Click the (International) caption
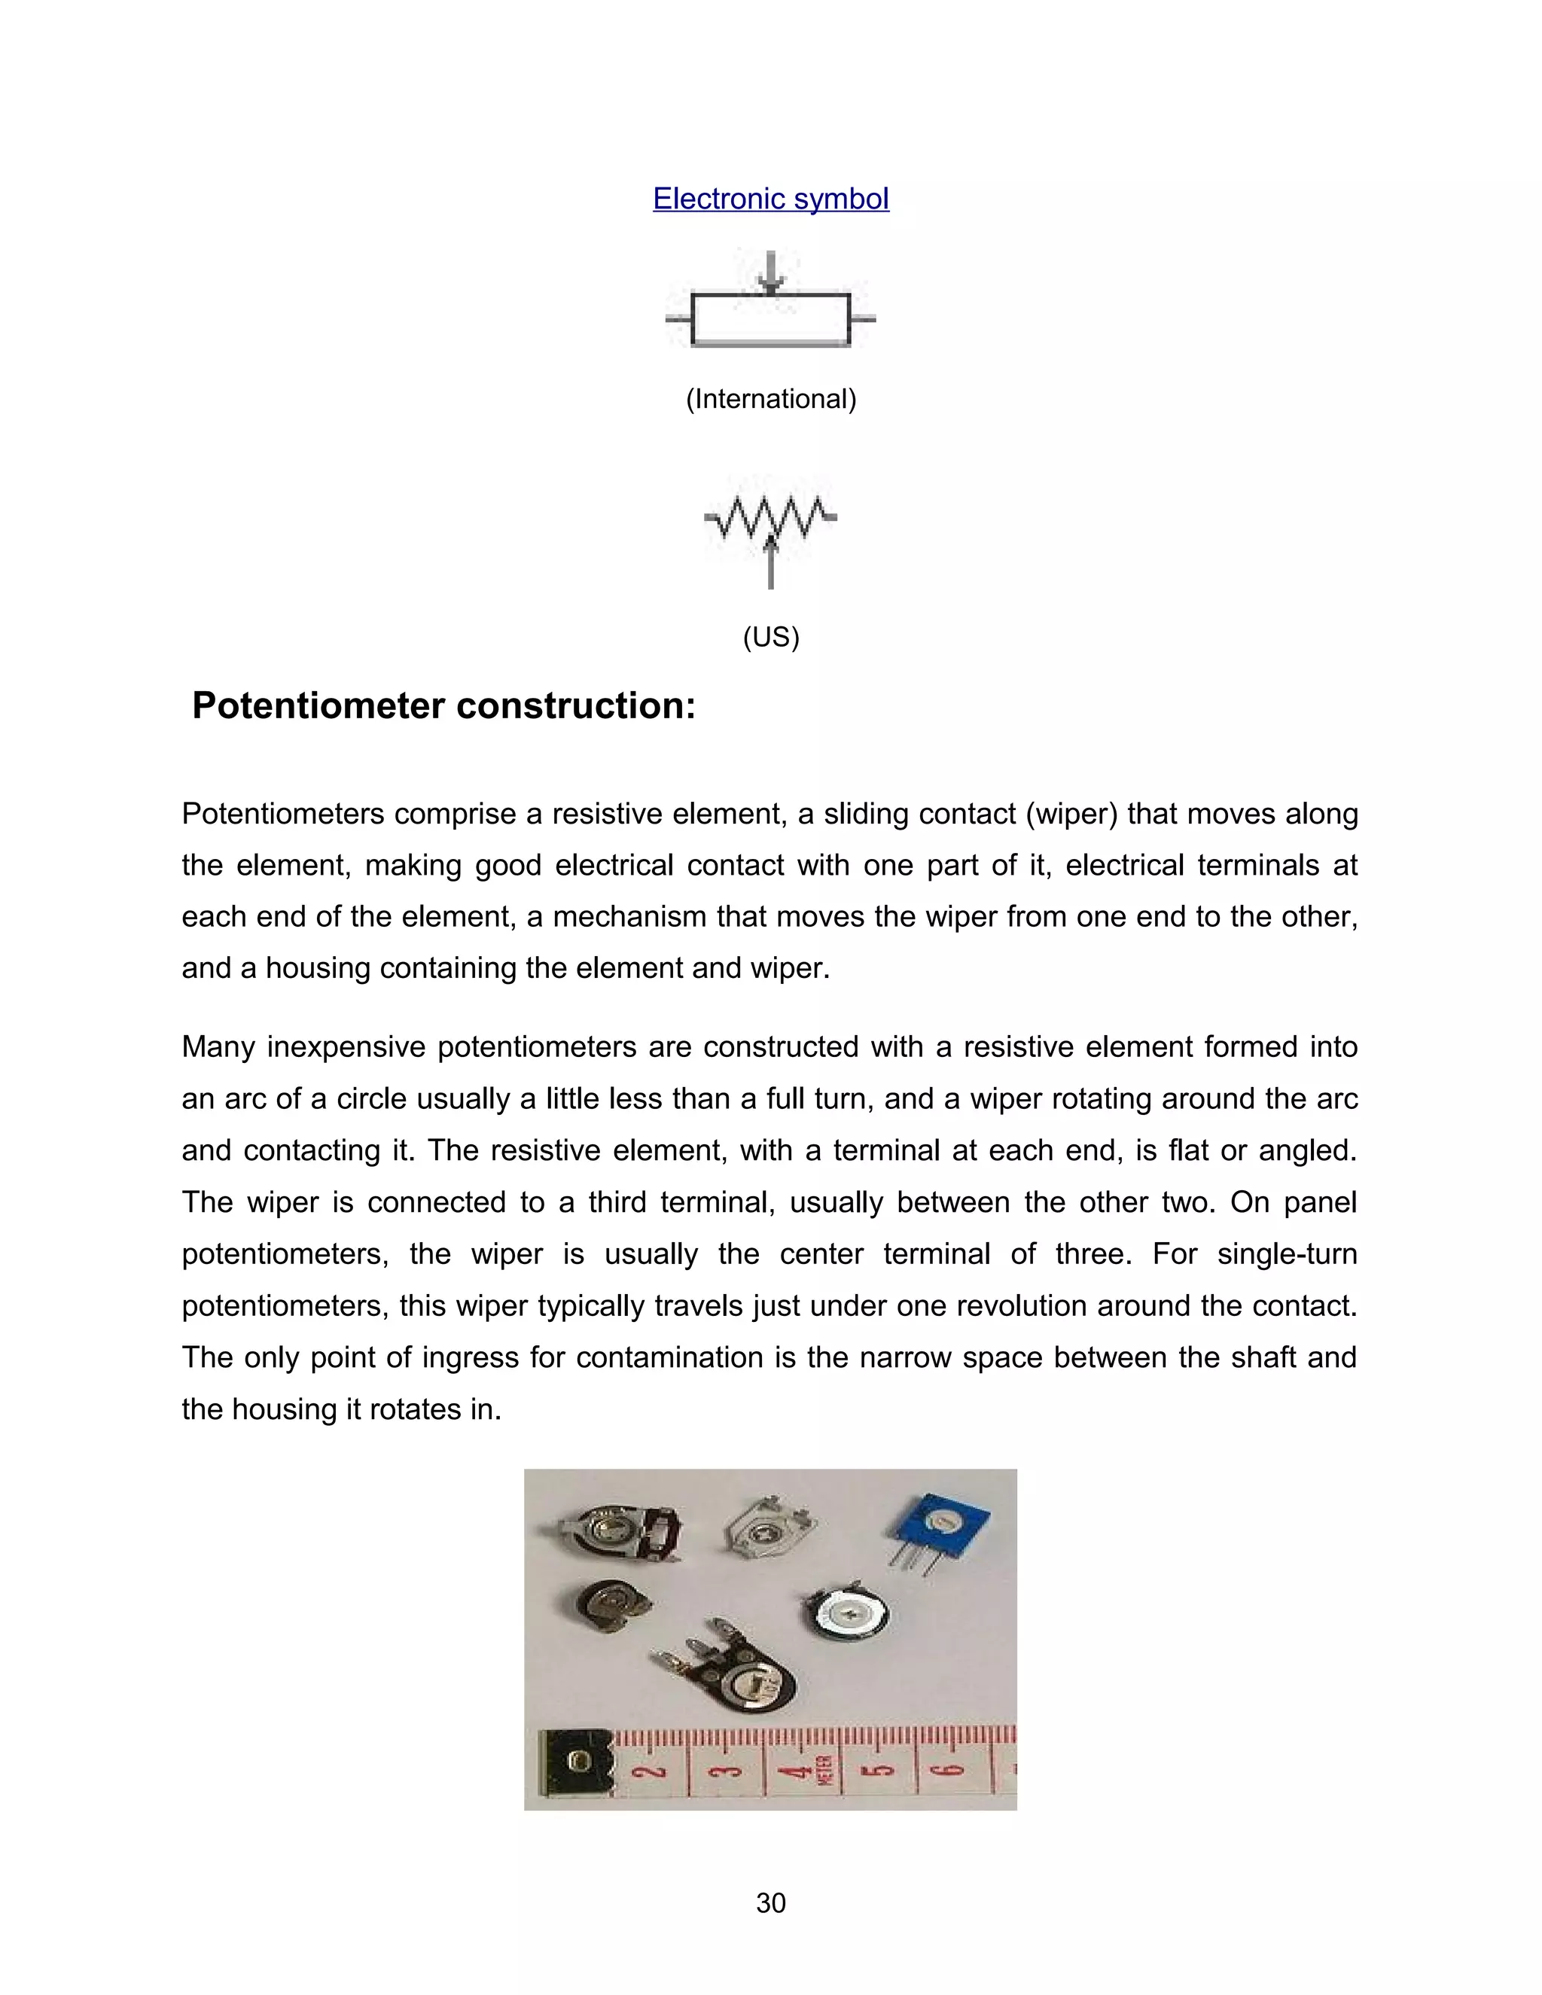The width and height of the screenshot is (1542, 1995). click(770, 399)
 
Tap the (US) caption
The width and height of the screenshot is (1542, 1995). click(770, 637)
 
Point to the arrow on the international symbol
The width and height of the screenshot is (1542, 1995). click(771, 271)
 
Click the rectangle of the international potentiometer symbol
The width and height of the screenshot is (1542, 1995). click(770, 320)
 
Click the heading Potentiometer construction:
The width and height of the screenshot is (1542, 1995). click(444, 706)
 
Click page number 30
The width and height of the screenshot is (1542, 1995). click(770, 1902)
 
